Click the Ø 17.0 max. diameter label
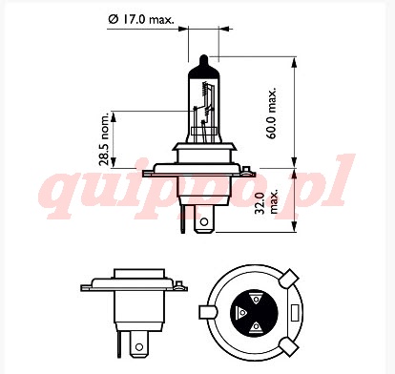point(141,20)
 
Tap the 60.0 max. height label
point(271,113)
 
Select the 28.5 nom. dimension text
point(104,138)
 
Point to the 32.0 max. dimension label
point(267,202)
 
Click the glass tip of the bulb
point(203,60)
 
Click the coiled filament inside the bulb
point(205,89)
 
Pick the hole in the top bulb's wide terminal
point(204,221)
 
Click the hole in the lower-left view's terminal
point(138,346)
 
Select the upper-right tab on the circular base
point(289,279)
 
